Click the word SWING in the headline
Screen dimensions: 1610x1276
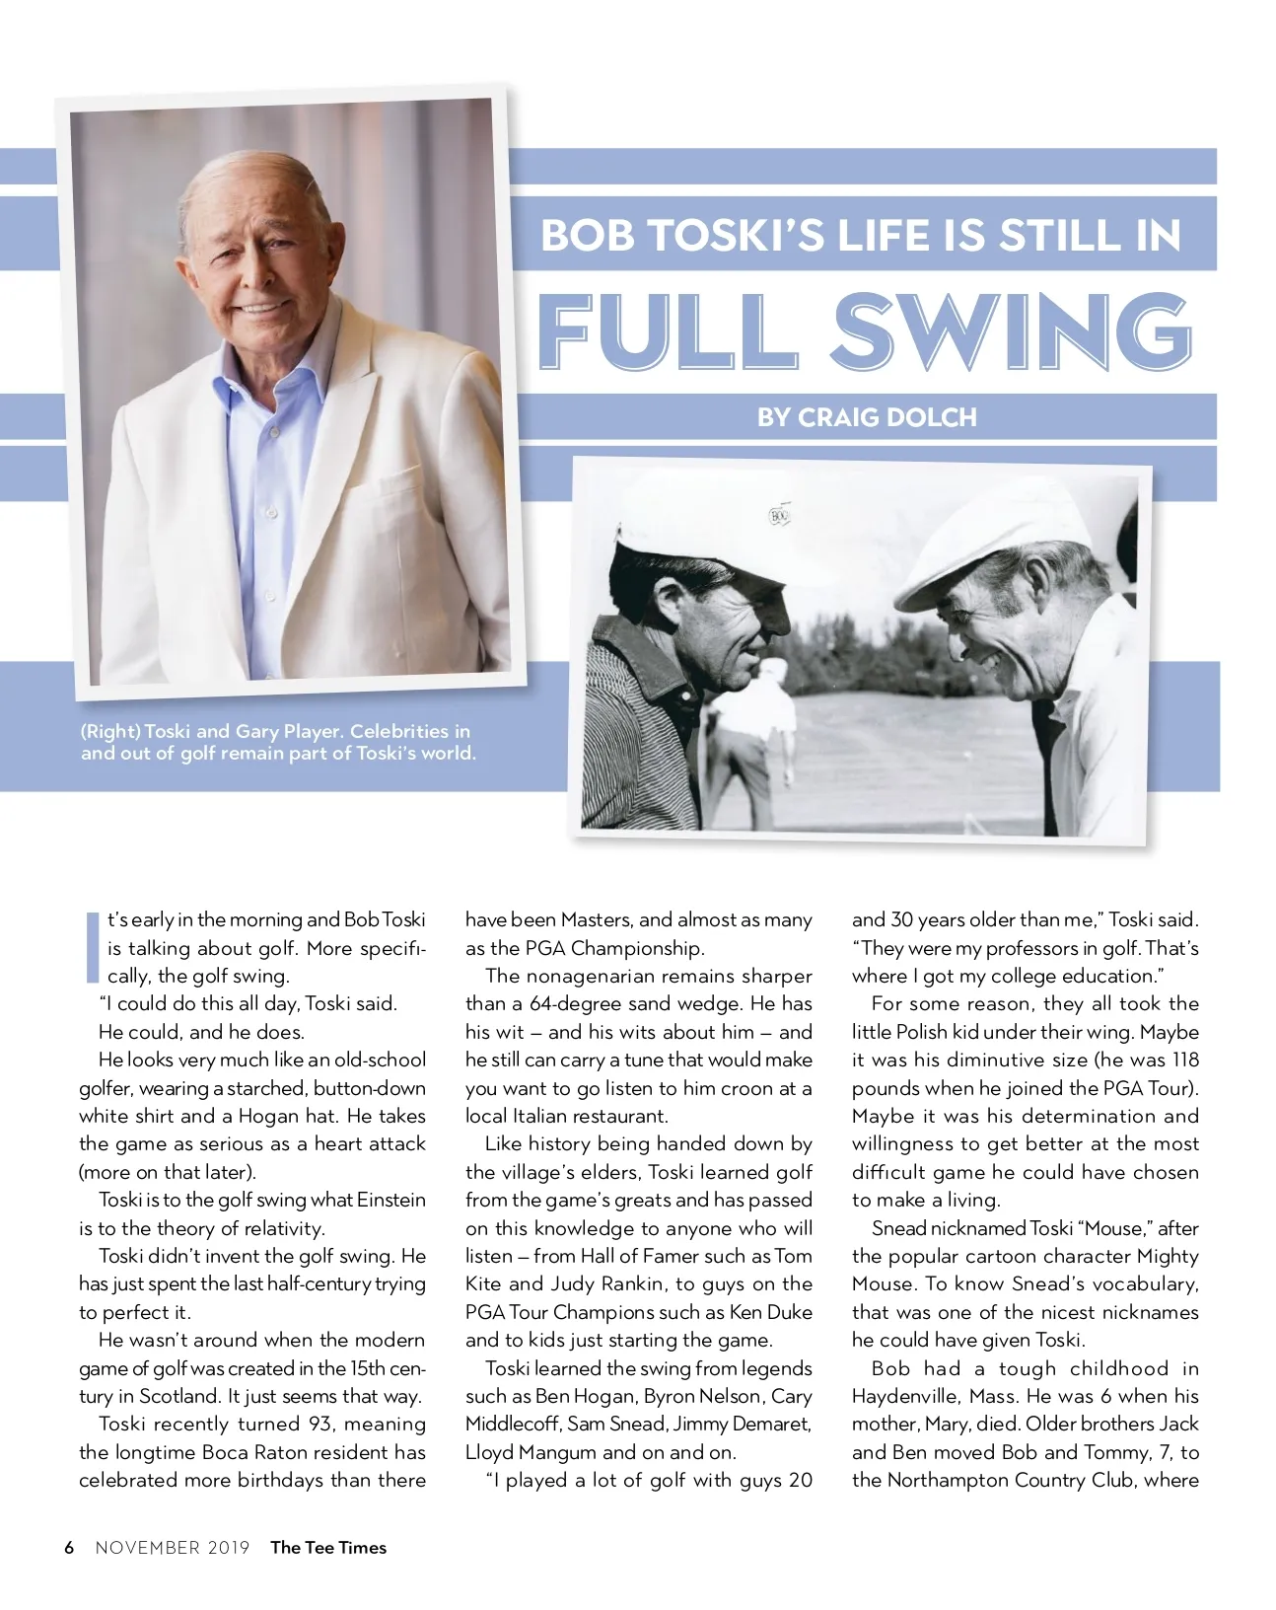[1011, 331]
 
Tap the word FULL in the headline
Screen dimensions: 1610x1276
[666, 331]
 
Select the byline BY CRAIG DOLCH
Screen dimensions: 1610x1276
[867, 417]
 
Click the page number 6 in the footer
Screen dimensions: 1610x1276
[69, 1547]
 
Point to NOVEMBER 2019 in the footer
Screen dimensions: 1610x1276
[173, 1547]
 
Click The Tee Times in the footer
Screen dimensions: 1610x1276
[328, 1547]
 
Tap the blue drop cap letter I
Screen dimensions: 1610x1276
[93, 947]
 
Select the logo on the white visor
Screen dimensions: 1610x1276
[779, 516]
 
